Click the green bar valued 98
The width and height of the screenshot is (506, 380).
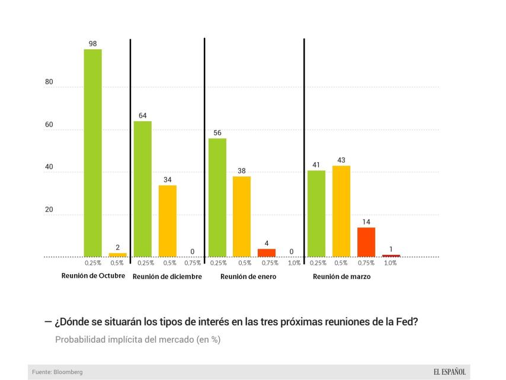click(x=92, y=153)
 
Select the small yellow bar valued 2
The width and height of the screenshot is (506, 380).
click(x=117, y=255)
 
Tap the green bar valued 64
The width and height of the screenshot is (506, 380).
click(x=142, y=189)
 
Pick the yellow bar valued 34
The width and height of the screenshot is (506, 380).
click(x=168, y=221)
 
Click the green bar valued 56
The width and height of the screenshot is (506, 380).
click(x=217, y=197)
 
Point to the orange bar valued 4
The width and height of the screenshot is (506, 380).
click(x=267, y=252)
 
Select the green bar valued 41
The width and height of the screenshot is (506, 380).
click(x=316, y=213)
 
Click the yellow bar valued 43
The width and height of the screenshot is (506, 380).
click(x=341, y=211)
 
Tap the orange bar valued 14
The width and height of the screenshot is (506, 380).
click(x=366, y=242)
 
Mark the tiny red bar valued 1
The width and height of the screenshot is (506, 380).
click(x=391, y=256)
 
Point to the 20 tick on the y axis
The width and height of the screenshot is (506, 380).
click(x=49, y=210)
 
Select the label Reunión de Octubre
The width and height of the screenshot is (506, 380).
click(x=93, y=276)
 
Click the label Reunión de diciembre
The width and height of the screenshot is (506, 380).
click(x=167, y=277)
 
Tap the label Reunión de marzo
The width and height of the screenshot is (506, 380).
click(x=342, y=277)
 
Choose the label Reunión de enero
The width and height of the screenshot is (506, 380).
click(x=248, y=277)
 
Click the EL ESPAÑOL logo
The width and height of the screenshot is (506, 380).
click(x=450, y=372)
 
